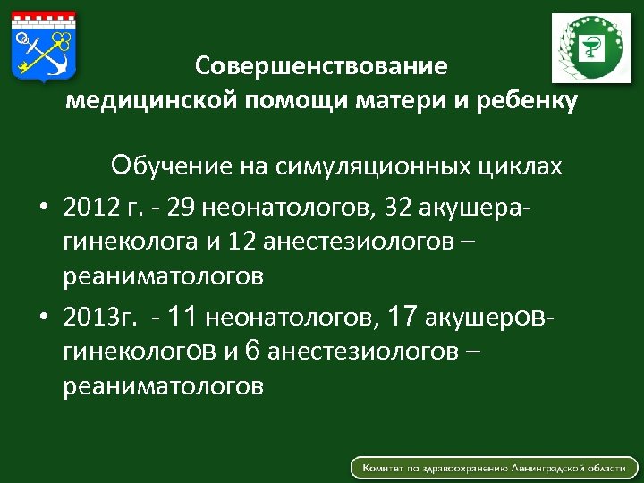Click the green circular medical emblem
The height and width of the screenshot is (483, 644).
(x=589, y=48)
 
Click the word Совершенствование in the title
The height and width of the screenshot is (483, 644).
(x=321, y=67)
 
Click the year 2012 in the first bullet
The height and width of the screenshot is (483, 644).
(x=89, y=208)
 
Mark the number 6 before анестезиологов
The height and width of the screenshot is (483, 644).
(x=252, y=350)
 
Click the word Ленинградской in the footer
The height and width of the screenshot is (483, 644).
(x=549, y=468)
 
